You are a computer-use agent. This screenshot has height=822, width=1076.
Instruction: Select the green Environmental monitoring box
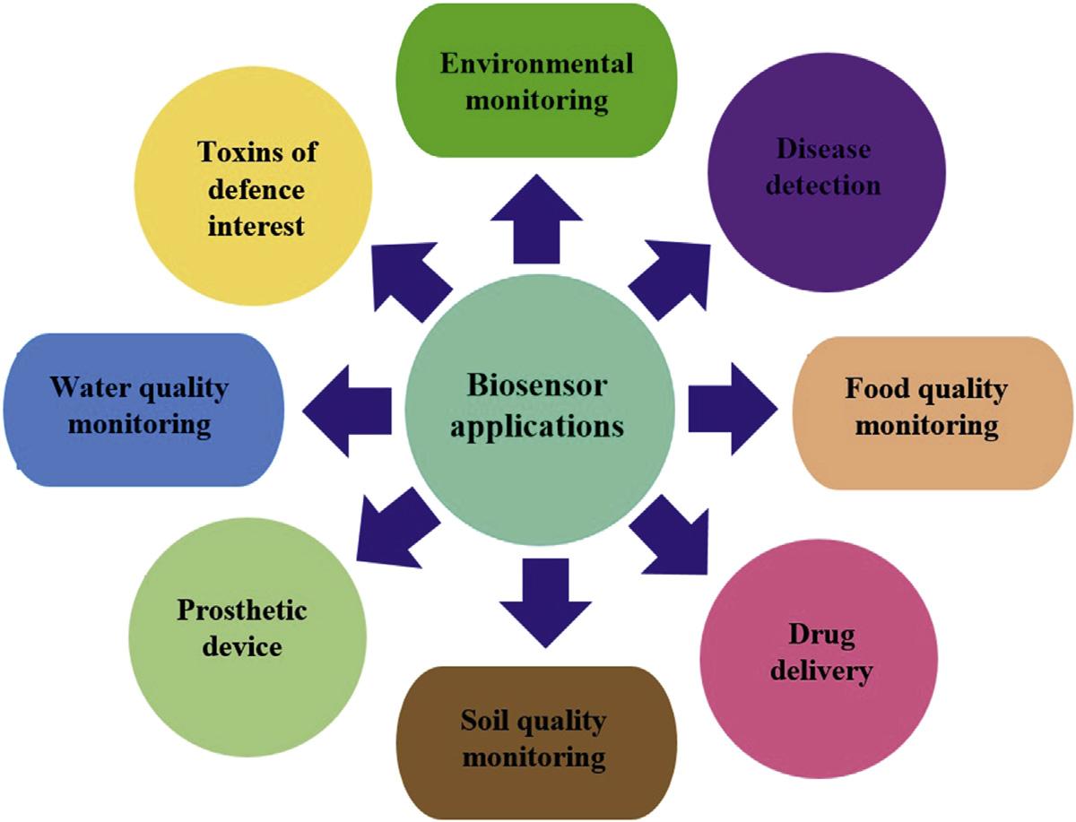(537, 81)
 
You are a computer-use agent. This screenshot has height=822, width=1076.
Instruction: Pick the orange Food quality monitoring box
(927, 412)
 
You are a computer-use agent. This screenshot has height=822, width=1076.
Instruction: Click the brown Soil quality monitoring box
(534, 740)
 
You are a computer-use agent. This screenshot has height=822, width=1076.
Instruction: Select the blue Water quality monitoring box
(143, 408)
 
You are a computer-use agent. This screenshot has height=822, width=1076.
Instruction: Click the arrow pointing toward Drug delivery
(668, 539)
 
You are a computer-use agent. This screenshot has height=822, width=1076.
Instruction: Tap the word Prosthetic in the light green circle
(241, 612)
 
